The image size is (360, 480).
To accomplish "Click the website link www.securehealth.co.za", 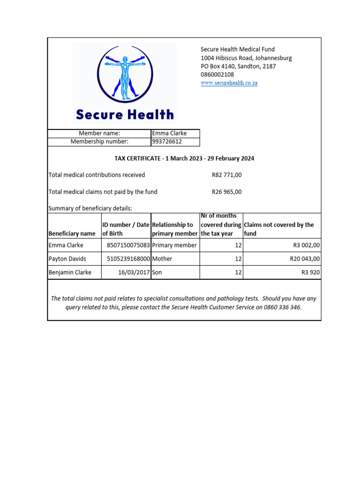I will [x=229, y=83].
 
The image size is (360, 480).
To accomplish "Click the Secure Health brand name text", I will [x=125, y=114].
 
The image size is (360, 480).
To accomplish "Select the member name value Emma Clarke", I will [x=169, y=134].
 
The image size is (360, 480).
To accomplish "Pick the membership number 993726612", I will [x=167, y=142].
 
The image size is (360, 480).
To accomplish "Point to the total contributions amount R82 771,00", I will [x=226, y=175].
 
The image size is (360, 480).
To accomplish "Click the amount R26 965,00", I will [x=226, y=192].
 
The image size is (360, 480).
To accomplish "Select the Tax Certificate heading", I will [x=184, y=158].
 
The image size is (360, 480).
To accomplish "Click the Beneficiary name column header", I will [x=72, y=233].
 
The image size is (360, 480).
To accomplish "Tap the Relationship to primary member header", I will [x=175, y=229].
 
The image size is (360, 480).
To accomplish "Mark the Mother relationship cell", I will [x=162, y=259].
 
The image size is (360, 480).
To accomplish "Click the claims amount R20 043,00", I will [x=303, y=259].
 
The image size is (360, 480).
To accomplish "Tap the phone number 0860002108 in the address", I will [x=217, y=75].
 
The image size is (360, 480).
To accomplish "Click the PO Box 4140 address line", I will [x=238, y=66].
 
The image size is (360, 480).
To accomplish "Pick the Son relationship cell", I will [x=157, y=272].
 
